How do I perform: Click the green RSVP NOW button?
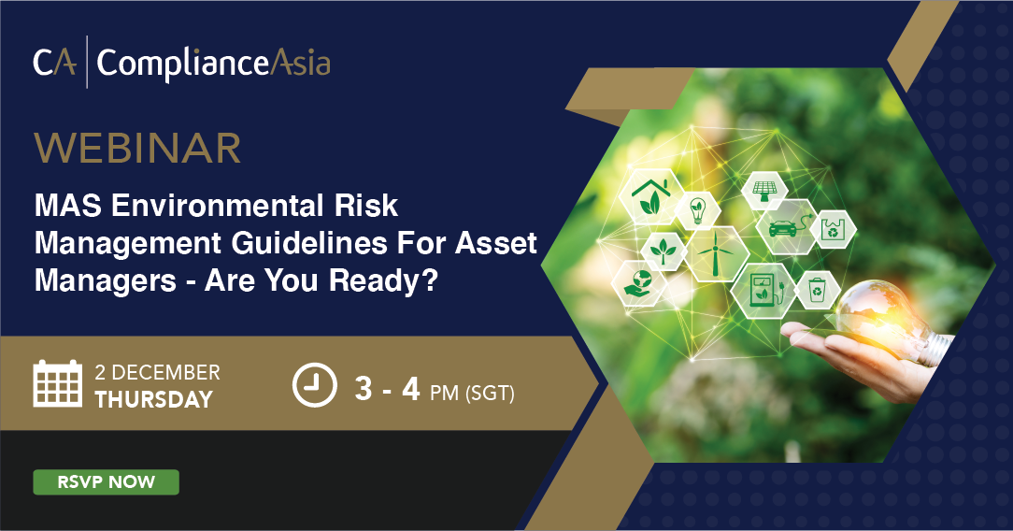coord(106,481)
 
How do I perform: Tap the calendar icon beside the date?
coord(58,383)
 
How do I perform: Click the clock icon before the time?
coord(315,385)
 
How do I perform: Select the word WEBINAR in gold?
coord(137,148)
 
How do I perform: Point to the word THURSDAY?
coord(154,400)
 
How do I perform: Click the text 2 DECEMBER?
coord(158,373)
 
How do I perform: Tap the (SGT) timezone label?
coord(490,393)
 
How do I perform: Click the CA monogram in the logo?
coord(54,63)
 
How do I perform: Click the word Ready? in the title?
coord(384,281)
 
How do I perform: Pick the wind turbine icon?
coord(715,254)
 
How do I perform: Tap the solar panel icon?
coord(765,190)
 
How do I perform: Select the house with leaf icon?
coord(650,196)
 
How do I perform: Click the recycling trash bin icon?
coord(818,290)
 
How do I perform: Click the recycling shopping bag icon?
coord(833,229)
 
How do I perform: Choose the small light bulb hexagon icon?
coord(698,210)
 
